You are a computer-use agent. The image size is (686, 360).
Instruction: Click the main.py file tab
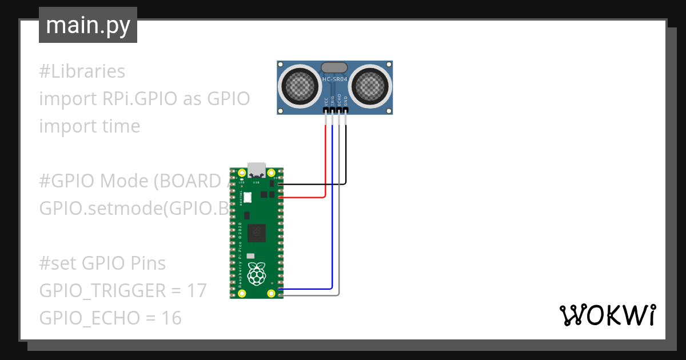tap(87, 25)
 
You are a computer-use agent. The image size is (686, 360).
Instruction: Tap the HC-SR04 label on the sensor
tap(335, 79)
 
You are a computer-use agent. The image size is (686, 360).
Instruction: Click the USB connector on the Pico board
tap(257, 170)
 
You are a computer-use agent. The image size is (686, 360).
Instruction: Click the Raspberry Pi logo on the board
tap(258, 274)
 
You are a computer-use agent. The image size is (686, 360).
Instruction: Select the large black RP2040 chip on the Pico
tap(257, 231)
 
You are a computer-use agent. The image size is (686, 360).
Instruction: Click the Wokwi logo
tap(607, 315)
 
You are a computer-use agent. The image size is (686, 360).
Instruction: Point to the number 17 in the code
tap(196, 291)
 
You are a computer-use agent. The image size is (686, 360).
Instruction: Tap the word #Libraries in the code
tap(82, 72)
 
